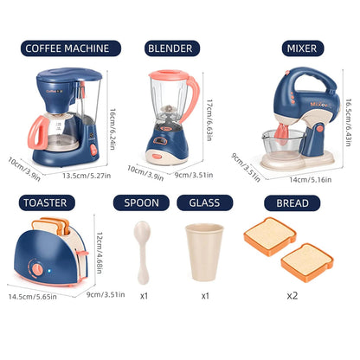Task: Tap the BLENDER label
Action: coord(170,48)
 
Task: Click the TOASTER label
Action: coord(45,203)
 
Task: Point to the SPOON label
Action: coord(142,203)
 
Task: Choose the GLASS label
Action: coord(205,203)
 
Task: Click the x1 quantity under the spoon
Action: coord(144,294)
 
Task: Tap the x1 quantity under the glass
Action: coord(205,294)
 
